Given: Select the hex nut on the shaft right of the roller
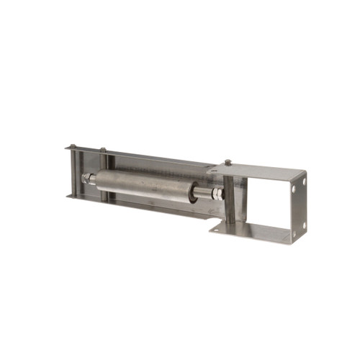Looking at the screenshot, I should (x=217, y=195).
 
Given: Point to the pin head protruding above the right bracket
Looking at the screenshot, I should (x=228, y=162).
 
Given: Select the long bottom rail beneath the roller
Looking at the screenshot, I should (x=144, y=204).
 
